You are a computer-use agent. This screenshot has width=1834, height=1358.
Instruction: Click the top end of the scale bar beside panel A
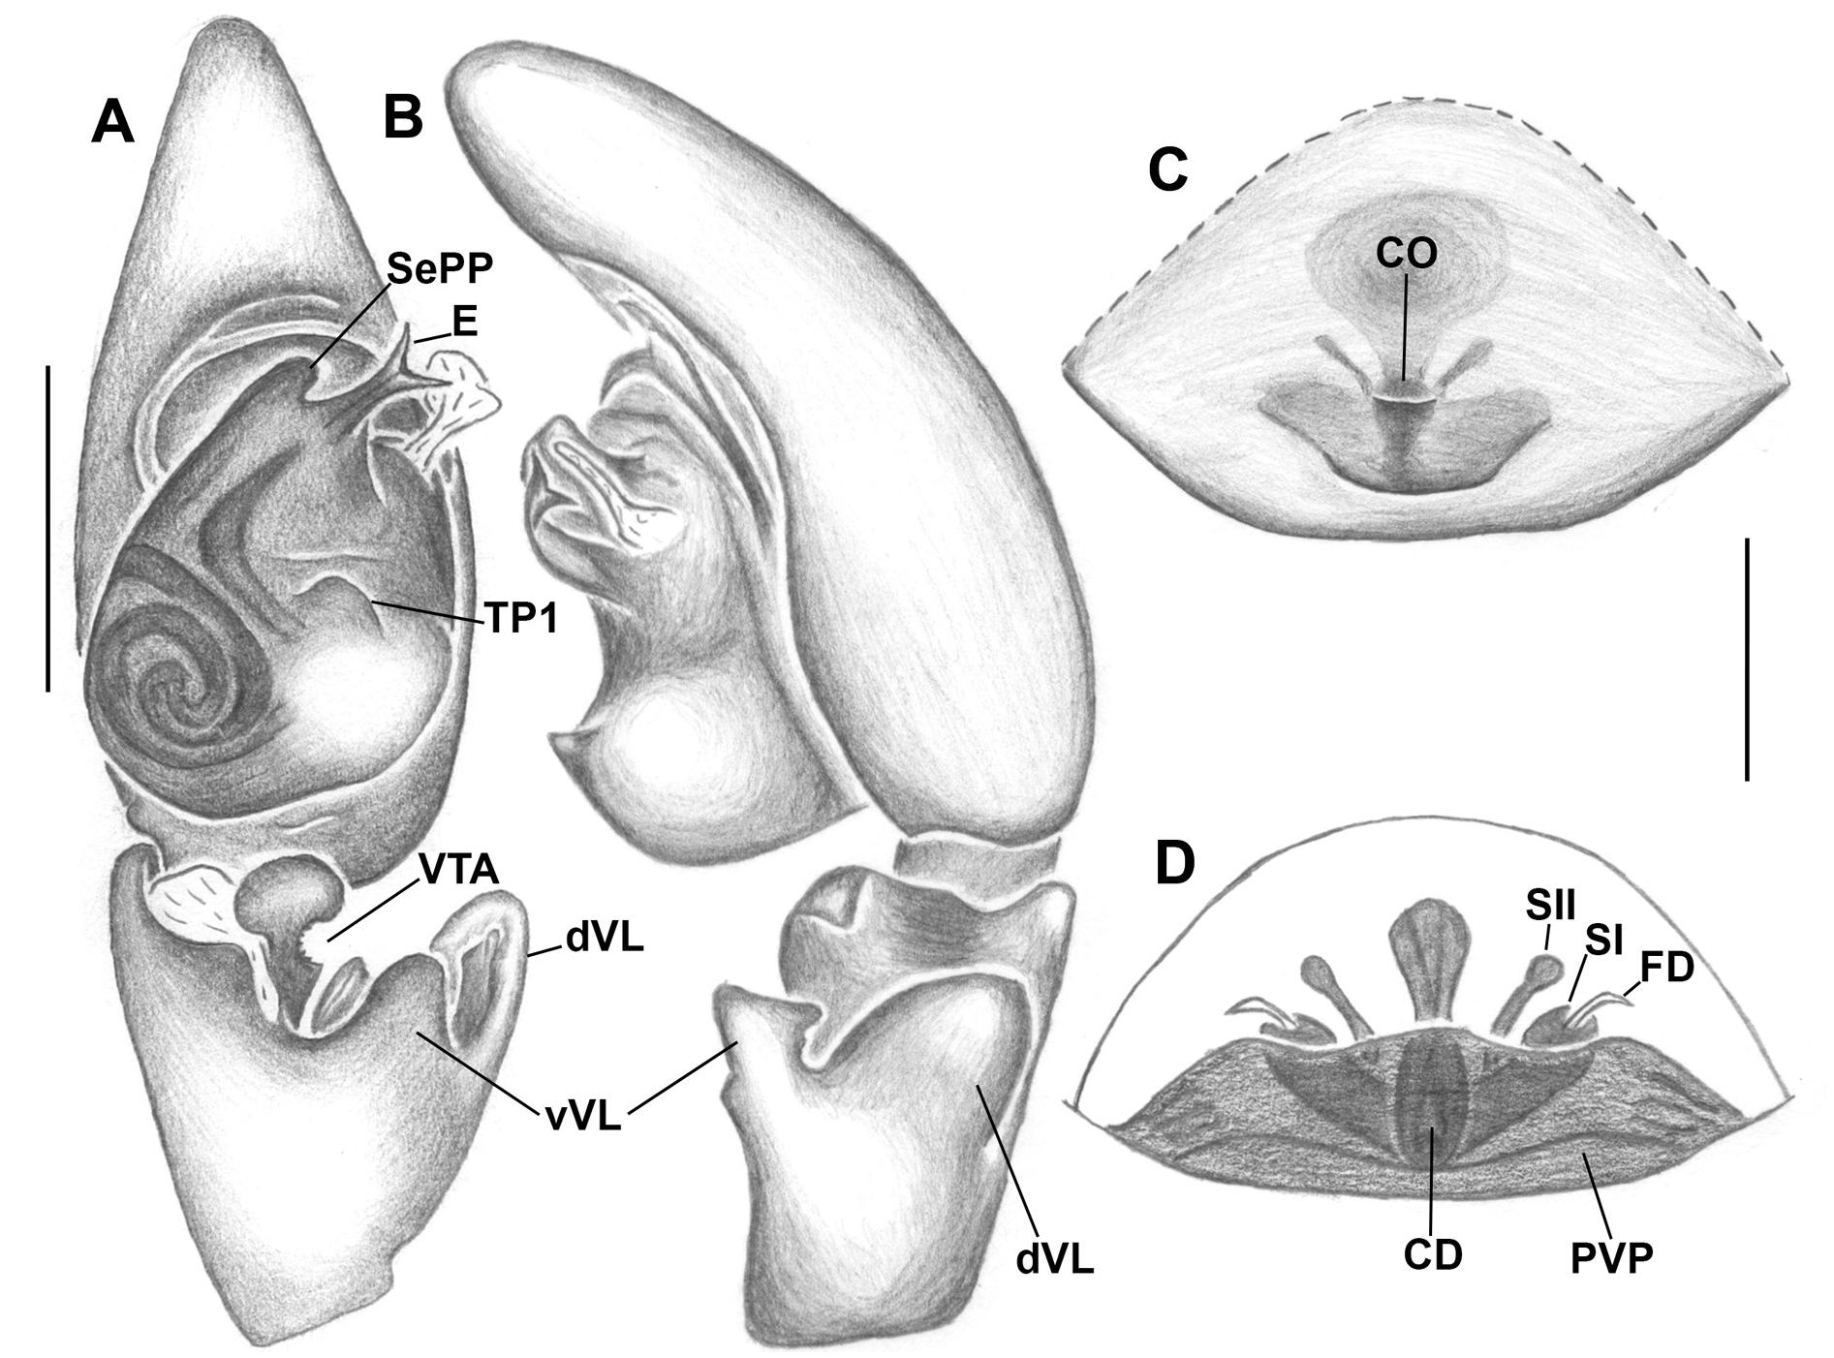click(x=47, y=365)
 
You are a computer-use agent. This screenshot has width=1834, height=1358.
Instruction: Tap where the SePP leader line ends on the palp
click(x=311, y=367)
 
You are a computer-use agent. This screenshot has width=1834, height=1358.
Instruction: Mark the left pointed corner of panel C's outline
click(x=1065, y=366)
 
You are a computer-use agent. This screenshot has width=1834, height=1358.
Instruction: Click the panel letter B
click(x=403, y=117)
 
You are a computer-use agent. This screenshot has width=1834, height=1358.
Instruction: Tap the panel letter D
click(x=1175, y=864)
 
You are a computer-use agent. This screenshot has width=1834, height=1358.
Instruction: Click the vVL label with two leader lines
click(x=582, y=1117)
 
